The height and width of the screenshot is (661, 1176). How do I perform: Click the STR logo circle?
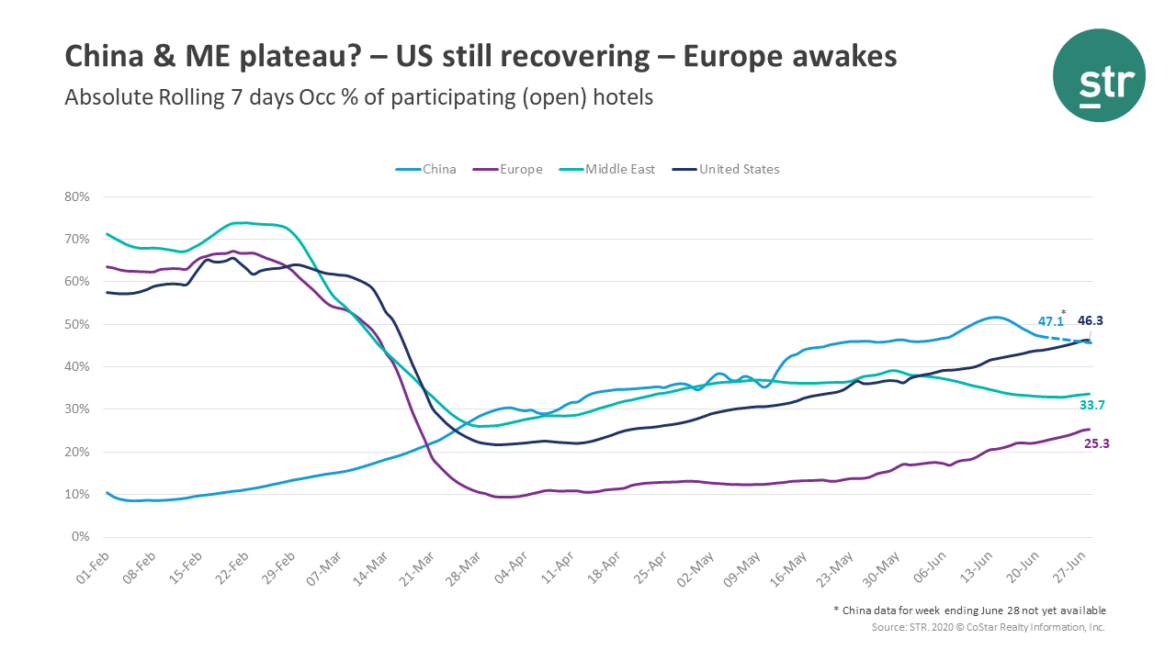click(x=1099, y=76)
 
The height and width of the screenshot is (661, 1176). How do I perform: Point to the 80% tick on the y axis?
click(x=77, y=196)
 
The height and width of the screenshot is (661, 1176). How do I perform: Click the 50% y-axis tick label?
click(x=77, y=324)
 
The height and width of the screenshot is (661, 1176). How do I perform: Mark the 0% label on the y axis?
click(x=81, y=537)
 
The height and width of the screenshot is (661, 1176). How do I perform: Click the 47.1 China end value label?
click(x=1050, y=322)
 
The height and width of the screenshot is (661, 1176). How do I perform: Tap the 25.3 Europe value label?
click(x=1097, y=443)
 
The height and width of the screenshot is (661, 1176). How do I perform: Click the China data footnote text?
click(x=969, y=611)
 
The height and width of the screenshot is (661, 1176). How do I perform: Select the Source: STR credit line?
click(x=989, y=627)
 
